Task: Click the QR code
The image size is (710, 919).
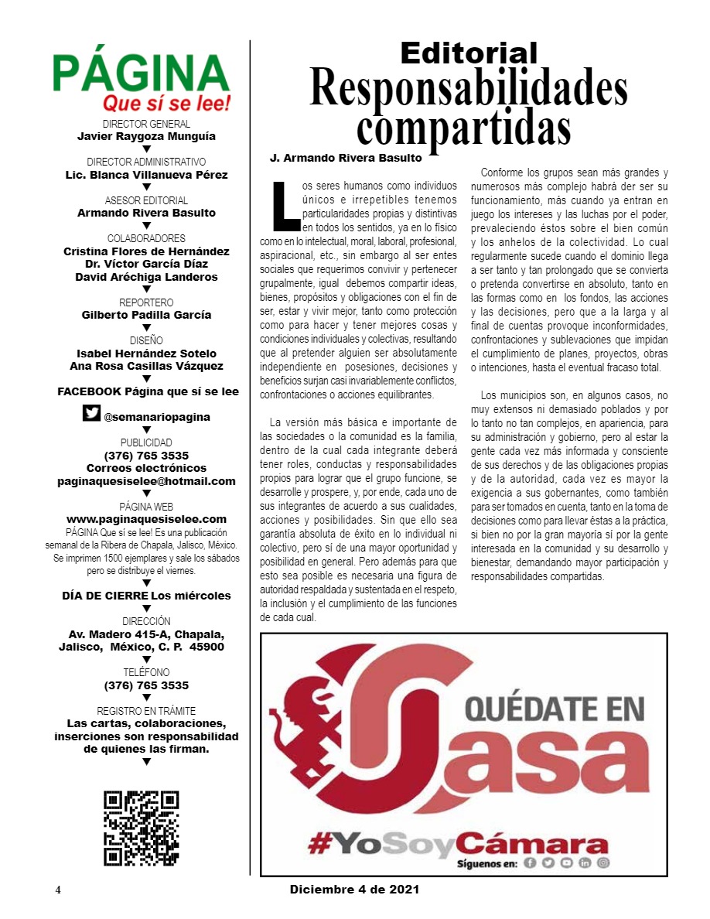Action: [x=142, y=828]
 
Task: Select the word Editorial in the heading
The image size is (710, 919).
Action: [x=469, y=53]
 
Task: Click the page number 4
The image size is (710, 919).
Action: [x=58, y=890]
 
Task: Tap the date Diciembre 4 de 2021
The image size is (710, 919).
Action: [x=355, y=890]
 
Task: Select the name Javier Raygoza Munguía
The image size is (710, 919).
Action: [x=146, y=136]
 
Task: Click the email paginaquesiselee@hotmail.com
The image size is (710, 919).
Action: [x=146, y=480]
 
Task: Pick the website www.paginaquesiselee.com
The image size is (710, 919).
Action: [x=146, y=518]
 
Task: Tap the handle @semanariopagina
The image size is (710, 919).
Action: [x=157, y=417]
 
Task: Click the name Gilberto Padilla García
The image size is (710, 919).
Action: [x=146, y=315]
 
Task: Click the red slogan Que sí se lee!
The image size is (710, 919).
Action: [x=167, y=104]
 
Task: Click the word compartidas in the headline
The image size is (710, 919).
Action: [x=463, y=128]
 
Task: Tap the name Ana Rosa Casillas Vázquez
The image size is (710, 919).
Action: [x=146, y=366]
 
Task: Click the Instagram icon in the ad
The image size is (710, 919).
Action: [x=602, y=863]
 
